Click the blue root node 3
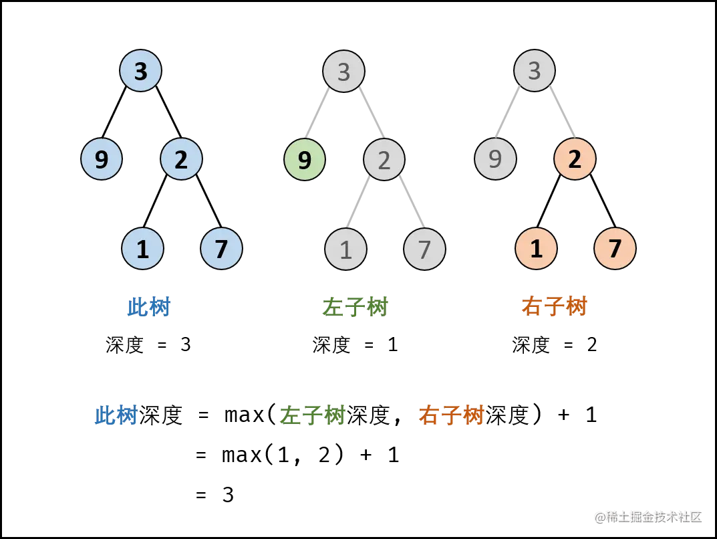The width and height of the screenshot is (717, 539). point(140,71)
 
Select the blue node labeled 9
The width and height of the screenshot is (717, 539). point(102,160)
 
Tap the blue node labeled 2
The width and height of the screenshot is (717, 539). point(181,160)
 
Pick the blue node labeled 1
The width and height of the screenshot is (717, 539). point(142,249)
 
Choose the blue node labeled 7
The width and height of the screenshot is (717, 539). point(221,249)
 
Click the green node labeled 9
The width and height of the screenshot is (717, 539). point(305,160)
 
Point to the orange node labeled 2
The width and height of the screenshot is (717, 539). point(575,160)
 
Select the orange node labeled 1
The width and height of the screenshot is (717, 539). point(536,249)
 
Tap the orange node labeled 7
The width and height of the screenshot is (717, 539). point(615,249)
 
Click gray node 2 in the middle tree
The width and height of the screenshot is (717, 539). point(384,160)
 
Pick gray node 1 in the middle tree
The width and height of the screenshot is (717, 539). point(345,249)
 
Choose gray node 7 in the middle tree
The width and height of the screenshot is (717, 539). point(424,249)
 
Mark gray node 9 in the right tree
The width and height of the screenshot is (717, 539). point(495,160)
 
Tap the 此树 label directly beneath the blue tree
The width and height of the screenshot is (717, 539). point(148,308)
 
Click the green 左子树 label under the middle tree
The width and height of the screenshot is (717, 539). point(355,308)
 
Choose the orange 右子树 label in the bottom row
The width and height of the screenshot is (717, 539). point(451,415)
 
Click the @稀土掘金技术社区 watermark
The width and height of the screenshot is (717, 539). point(648,516)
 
